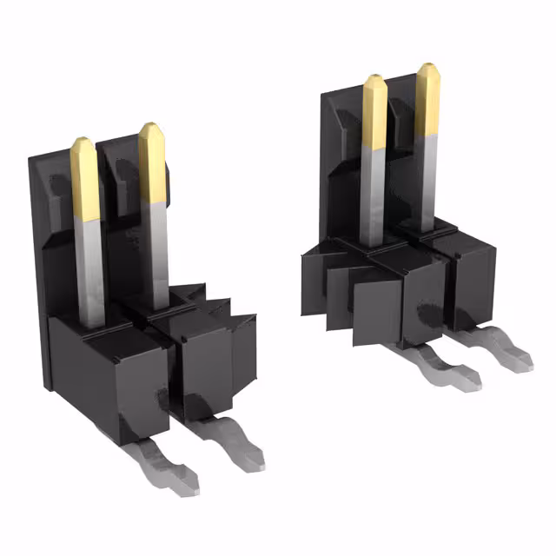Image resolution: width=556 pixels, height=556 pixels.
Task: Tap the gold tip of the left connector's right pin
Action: click(x=152, y=161)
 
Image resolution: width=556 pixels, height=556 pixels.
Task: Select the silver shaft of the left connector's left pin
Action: click(x=89, y=269)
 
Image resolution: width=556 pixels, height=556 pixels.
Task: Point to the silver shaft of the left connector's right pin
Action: click(x=156, y=252)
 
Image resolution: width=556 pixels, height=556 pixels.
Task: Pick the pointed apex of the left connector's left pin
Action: click(x=82, y=138)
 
